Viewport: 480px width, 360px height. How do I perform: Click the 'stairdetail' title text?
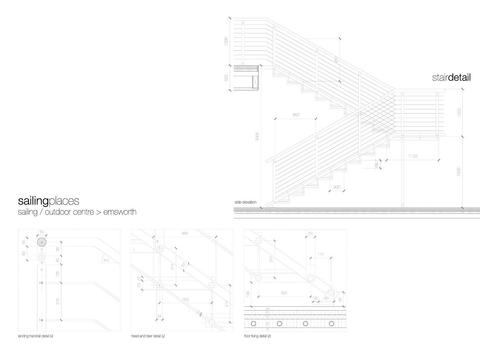451,78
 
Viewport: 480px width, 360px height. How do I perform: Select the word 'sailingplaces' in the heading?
49,201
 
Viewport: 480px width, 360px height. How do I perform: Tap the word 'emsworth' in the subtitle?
120,212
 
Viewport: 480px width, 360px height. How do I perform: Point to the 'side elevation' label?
245,202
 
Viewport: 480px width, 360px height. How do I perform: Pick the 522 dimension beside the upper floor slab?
226,77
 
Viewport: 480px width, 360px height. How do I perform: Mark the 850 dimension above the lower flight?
295,115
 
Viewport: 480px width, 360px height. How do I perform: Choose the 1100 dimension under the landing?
412,156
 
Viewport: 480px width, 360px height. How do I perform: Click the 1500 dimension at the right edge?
458,172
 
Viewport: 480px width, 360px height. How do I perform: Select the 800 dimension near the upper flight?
336,59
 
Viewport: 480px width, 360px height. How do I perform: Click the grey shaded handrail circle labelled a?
42,242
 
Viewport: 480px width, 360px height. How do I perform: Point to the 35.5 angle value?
106,260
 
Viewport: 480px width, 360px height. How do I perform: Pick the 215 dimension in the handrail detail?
58,301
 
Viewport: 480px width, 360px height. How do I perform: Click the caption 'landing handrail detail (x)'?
35,336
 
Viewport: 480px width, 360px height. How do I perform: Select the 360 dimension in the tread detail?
185,233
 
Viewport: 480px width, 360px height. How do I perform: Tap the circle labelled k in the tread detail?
160,285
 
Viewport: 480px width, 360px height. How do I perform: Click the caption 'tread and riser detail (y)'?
148,336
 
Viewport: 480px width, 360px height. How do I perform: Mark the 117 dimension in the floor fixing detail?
320,255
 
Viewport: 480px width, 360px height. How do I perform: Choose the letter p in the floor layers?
267,324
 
